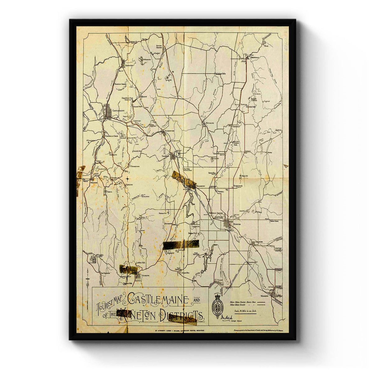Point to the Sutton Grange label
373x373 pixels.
coord(159,47)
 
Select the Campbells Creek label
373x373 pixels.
coord(112,136)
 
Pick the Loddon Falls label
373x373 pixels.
coord(140,263)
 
